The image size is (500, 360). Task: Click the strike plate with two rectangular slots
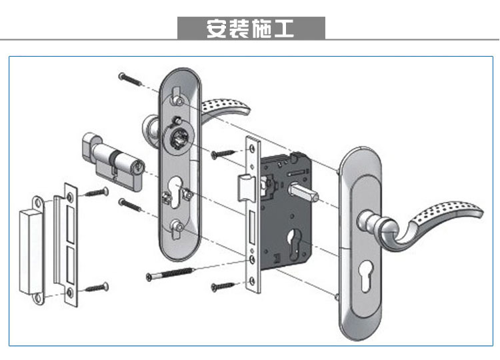click(69, 243)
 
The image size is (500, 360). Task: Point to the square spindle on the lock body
click(306, 193)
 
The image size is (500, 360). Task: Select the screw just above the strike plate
click(97, 193)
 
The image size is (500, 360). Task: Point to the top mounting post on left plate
click(177, 99)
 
